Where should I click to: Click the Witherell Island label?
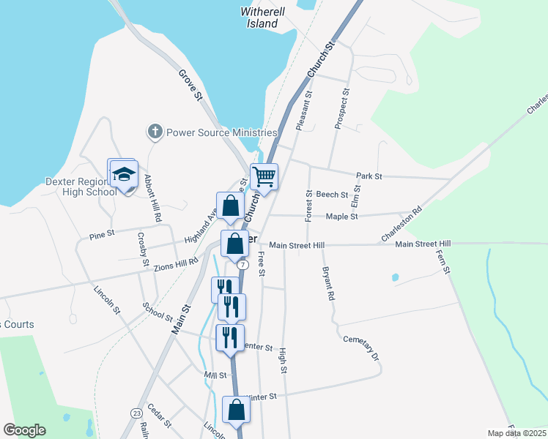click(260, 18)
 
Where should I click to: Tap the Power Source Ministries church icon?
click(155, 132)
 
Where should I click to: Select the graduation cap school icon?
click(124, 174)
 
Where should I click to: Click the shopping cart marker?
click(264, 176)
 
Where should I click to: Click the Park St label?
click(369, 176)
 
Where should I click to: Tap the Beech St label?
click(332, 195)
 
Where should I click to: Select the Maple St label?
click(341, 217)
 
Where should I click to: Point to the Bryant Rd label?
click(327, 284)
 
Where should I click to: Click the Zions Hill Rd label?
click(176, 265)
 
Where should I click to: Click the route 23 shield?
click(136, 413)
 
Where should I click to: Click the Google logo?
click(24, 430)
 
